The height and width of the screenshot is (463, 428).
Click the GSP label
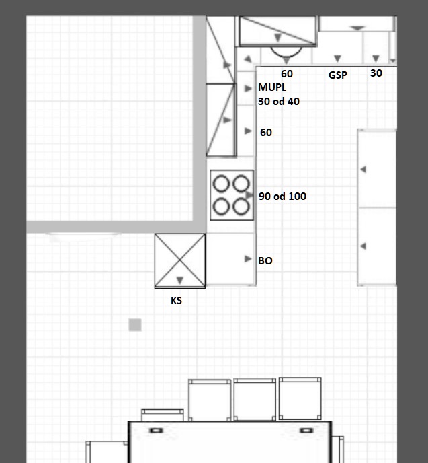pyautogui.click(x=338, y=75)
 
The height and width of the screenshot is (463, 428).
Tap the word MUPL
pyautogui.click(x=272, y=87)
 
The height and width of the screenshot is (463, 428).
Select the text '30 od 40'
pyautogui.click(x=279, y=101)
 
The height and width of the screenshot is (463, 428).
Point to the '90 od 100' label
pyautogui.click(x=282, y=196)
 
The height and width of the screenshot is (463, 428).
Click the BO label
pyautogui.click(x=265, y=260)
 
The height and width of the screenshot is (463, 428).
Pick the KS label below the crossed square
pyautogui.click(x=176, y=301)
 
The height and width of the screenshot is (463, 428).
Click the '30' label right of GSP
pyautogui.click(x=376, y=73)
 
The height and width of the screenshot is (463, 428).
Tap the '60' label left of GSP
pyautogui.click(x=287, y=74)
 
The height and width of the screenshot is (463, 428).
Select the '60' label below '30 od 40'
pyautogui.click(x=266, y=133)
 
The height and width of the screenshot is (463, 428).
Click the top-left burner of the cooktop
pyautogui.click(x=221, y=184)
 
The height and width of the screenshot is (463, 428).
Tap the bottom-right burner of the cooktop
pyautogui.click(x=241, y=206)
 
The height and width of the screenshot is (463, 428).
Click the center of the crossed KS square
pyautogui.click(x=180, y=260)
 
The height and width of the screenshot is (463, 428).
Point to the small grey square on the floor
pyautogui.click(x=135, y=325)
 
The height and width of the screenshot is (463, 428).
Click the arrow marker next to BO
pyautogui.click(x=248, y=259)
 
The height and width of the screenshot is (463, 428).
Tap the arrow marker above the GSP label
pyautogui.click(x=337, y=59)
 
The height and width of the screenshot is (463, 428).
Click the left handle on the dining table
pyautogui.click(x=157, y=431)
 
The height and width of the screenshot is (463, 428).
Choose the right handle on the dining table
pyautogui.click(x=306, y=431)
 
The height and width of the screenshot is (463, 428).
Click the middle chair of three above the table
pyautogui.click(x=255, y=399)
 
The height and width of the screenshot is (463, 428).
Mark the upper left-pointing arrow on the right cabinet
pyautogui.click(x=363, y=170)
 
